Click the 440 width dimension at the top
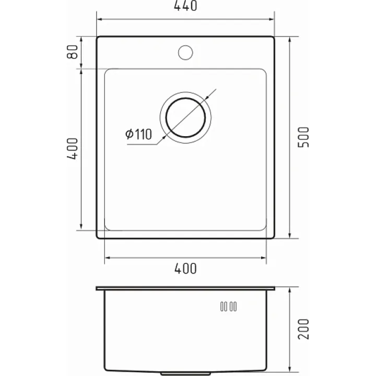coord(185,6)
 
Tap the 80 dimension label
coord(73,52)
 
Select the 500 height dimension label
coord(303,137)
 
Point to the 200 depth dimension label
coord(303,329)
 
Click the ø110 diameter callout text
coord(138,134)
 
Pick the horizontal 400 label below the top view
coord(185,268)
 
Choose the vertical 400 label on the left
coord(73,149)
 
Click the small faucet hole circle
coord(185,53)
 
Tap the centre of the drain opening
coord(185,118)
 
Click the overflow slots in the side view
coord(229,307)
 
